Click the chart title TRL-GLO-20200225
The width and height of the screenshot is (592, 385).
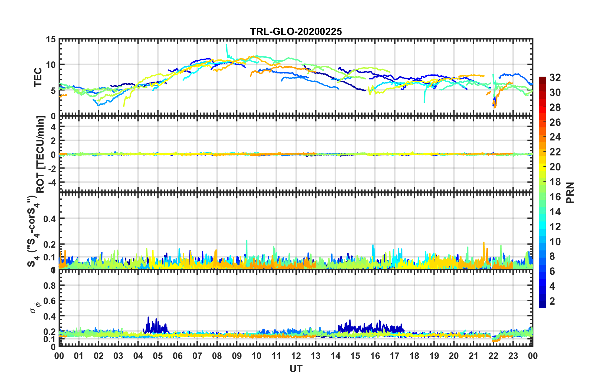tap(296, 31)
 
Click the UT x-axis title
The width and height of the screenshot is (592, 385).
tap(296, 368)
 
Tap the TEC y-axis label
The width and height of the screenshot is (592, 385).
tap(38, 77)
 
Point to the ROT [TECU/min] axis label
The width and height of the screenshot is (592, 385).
tap(40, 154)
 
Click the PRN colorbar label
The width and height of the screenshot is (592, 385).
tap(570, 192)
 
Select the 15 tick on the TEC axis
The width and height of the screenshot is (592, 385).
tap(51, 40)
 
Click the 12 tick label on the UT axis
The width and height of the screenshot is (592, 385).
tap(296, 356)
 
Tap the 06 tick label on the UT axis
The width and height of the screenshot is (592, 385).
tap(177, 356)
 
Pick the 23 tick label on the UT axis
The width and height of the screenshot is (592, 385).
tap(513, 356)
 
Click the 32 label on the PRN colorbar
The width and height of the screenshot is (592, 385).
tap(555, 78)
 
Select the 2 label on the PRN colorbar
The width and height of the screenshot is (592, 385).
tap(552, 301)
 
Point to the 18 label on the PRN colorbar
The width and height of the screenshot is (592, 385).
tap(555, 182)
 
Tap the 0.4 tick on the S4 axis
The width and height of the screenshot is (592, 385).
tap(49, 219)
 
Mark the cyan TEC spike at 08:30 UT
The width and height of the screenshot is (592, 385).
tap(227, 47)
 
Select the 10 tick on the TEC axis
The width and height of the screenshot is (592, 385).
tap(51, 65)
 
